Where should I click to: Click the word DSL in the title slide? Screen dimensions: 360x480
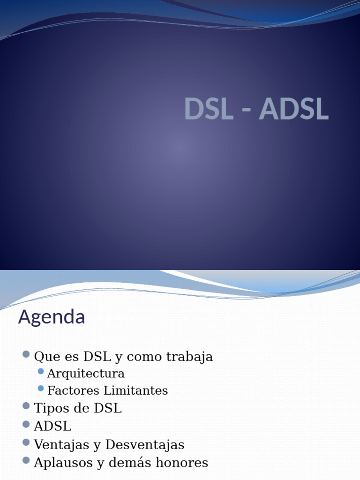coord(209,109)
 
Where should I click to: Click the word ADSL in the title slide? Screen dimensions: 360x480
coord(294,109)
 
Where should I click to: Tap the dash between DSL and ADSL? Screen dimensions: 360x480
coord(246,111)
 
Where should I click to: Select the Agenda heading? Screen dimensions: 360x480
coord(52,317)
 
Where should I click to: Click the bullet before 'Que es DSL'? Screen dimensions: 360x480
coord(26,354)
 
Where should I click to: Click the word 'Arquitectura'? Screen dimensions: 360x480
coord(86,374)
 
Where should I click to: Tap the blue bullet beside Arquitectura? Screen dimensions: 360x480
coord(41,371)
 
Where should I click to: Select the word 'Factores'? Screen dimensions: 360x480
coord(74,390)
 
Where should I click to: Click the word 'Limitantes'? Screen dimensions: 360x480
coord(135,390)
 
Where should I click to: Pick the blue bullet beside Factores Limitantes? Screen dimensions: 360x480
coord(41,389)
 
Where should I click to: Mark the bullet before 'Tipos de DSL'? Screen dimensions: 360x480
coord(26,406)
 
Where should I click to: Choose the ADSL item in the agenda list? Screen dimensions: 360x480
coord(52,426)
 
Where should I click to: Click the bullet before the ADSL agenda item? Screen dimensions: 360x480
coord(26,424)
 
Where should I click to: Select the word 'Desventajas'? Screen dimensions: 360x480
coord(145,445)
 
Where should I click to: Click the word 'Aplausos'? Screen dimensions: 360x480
coord(63,463)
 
